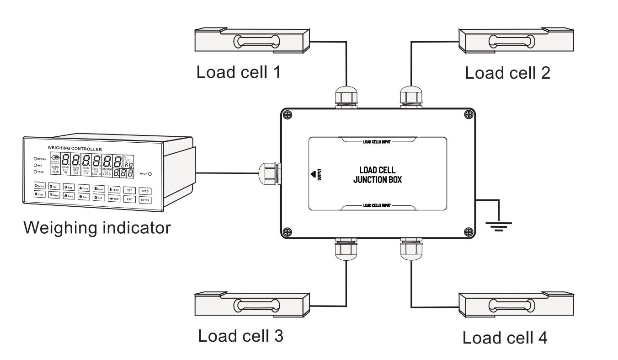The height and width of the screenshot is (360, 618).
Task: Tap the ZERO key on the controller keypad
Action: point(145,191)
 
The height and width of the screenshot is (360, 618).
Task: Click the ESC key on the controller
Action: point(130,199)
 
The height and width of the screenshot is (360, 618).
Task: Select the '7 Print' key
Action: point(53,195)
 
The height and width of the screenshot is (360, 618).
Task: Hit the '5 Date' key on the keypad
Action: point(99,188)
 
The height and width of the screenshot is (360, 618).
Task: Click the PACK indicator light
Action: point(149,174)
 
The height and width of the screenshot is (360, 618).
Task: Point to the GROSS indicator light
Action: point(35,159)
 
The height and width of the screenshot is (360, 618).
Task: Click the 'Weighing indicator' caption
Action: point(98,227)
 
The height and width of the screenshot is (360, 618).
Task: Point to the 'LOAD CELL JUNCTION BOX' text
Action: point(378,175)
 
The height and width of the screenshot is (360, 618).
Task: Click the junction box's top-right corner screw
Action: point(468,114)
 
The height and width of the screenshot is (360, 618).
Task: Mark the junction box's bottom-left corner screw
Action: point(287,231)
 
